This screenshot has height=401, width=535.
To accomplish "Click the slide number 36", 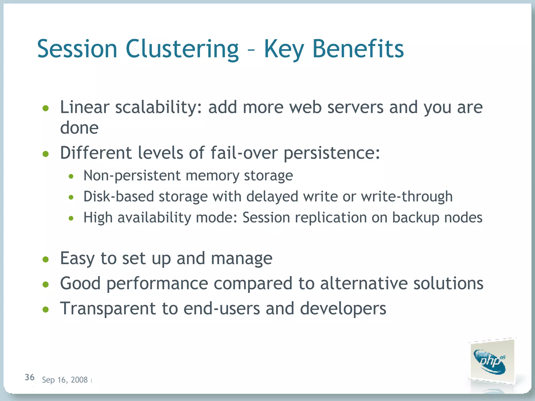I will click(x=30, y=377).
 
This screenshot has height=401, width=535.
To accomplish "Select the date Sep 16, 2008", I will click(x=65, y=380).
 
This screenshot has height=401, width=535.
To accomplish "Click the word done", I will click(x=79, y=128).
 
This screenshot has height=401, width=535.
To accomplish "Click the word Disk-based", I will click(x=118, y=196).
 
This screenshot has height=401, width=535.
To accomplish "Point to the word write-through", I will click(x=407, y=196).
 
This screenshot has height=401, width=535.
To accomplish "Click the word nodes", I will click(x=463, y=217).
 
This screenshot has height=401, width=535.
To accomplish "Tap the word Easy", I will click(x=77, y=258).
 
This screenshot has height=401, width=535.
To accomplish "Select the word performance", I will click(x=157, y=284).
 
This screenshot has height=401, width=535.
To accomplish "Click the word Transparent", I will click(x=108, y=309).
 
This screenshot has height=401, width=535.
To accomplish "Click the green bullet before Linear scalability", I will click(x=46, y=108).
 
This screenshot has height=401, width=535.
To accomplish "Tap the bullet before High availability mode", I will click(x=71, y=218).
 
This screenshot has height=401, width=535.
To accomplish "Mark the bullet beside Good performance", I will click(x=46, y=284).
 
